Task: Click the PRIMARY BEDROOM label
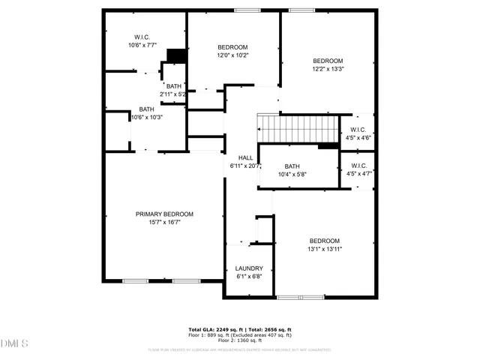pos(164,214)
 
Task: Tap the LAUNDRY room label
pos(249,268)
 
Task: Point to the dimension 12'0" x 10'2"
pos(232,55)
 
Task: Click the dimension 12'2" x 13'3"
pos(328,69)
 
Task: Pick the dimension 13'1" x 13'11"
pos(325,249)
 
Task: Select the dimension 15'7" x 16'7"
pos(164,222)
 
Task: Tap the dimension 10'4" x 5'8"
pos(292,175)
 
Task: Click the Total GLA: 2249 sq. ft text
pos(212,329)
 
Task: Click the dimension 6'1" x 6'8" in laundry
pos(249,277)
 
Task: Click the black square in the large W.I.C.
pos(176,56)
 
